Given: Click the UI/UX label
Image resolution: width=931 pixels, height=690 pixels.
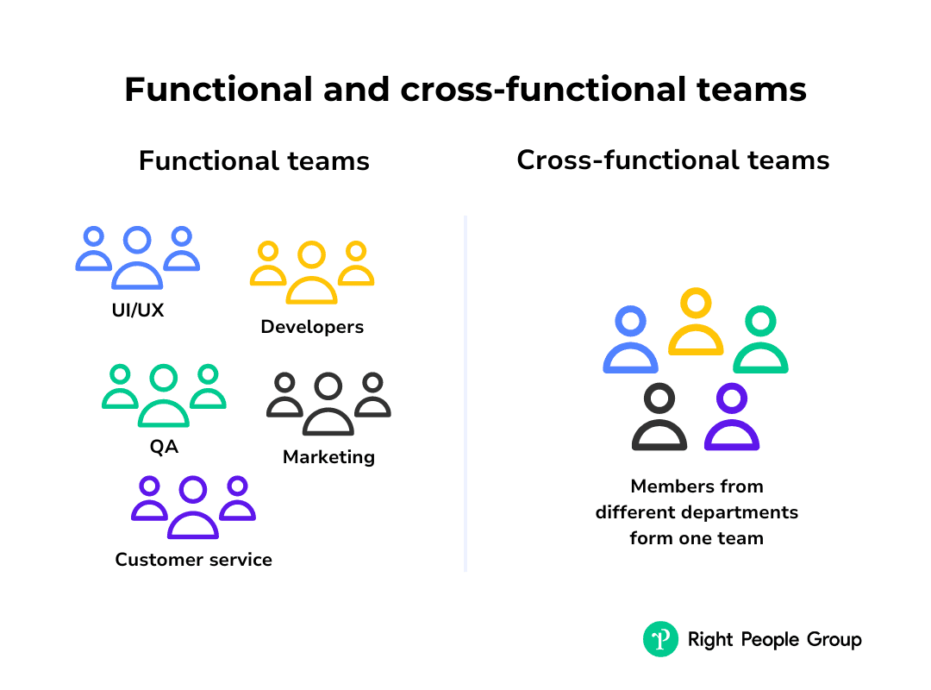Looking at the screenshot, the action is [138, 310].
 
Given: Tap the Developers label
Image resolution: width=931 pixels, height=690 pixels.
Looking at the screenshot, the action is [312, 327].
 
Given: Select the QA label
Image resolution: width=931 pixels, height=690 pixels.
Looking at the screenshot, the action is [164, 446].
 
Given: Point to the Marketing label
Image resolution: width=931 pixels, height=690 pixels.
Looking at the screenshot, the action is [329, 457].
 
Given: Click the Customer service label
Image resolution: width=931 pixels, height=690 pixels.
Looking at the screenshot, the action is [194, 560].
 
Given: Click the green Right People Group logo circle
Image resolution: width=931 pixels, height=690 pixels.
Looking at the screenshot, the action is [660, 639].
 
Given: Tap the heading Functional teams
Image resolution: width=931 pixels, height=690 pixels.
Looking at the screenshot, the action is [254, 161].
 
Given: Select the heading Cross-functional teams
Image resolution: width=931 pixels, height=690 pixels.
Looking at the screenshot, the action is [672, 160].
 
